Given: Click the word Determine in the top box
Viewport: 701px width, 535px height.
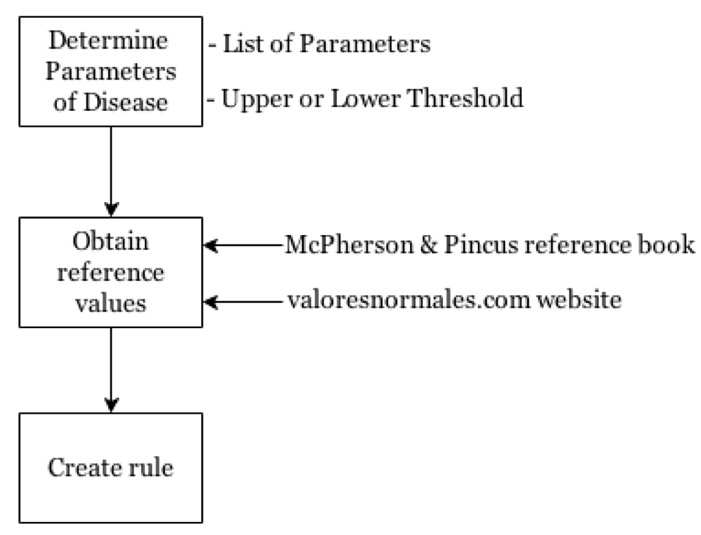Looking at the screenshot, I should tap(110, 40).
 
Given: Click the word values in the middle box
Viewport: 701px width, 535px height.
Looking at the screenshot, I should tap(111, 302).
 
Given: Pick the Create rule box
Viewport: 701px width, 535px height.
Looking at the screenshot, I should tap(110, 468).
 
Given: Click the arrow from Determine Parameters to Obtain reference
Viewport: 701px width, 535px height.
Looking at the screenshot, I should tap(110, 171).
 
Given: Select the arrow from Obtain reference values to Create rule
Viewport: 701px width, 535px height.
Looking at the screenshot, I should tap(110, 370).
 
